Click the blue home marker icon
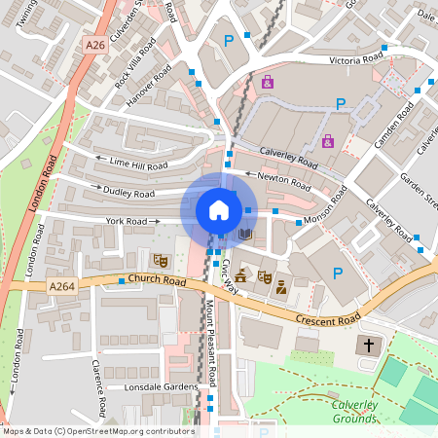click(x=219, y=210)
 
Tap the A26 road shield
click(x=94, y=45)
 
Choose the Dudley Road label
click(x=129, y=193)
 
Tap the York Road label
click(x=127, y=222)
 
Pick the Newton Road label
click(x=285, y=178)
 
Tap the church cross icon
click(x=369, y=346)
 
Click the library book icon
click(x=245, y=235)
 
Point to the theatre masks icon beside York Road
click(x=160, y=260)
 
